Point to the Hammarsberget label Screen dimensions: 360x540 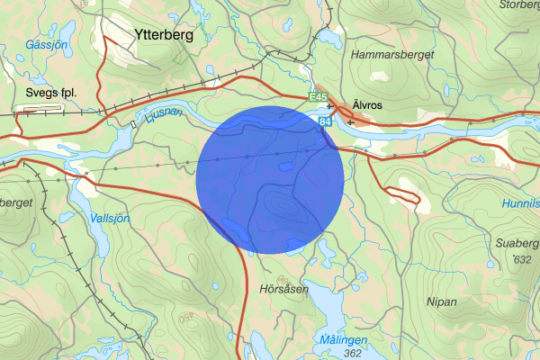[395, 55]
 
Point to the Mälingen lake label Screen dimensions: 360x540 [343, 339]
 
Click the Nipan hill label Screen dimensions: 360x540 [444, 301]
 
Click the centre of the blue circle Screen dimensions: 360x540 [270, 179]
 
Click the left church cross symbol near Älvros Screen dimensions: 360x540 [330, 106]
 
